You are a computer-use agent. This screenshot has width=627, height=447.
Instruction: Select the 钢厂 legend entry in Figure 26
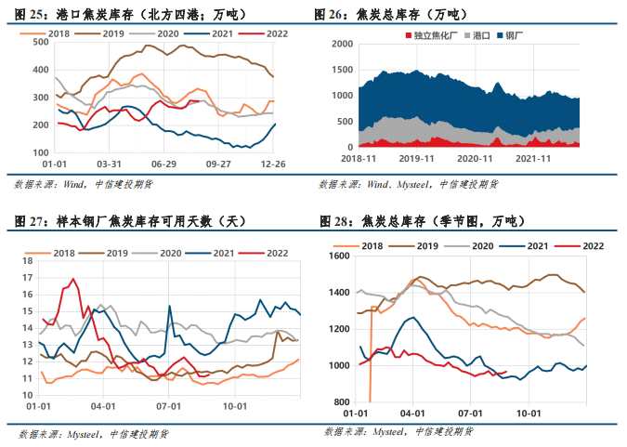tap(516, 33)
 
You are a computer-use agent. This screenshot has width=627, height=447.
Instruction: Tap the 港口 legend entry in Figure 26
tap(480, 33)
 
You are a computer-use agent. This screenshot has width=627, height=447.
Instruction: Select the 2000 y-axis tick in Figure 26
tap(343, 43)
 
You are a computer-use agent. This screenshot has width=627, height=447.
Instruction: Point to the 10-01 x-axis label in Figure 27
tap(235, 405)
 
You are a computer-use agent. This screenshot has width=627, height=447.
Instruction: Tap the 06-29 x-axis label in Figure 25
tap(164, 164)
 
